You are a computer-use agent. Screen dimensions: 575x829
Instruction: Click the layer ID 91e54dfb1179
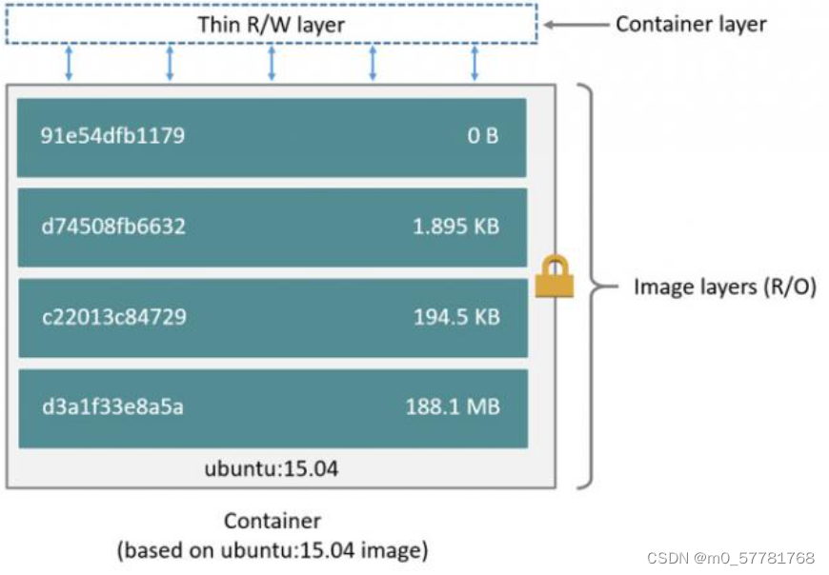click(112, 136)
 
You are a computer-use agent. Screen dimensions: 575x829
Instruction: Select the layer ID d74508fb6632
click(112, 227)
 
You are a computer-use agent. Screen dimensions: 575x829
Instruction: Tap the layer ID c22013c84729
click(113, 317)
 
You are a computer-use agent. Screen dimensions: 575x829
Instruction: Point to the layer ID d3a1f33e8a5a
click(111, 407)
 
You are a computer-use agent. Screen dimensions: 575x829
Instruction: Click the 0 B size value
click(483, 136)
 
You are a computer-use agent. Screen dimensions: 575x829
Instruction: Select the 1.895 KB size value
click(455, 227)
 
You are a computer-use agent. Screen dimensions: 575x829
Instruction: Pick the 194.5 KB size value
click(456, 317)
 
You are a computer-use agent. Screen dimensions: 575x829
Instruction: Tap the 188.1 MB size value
click(453, 407)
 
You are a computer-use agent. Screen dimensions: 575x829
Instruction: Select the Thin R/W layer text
click(271, 24)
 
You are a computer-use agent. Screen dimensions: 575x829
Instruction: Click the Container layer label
click(691, 24)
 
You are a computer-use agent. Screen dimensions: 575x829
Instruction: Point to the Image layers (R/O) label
click(724, 286)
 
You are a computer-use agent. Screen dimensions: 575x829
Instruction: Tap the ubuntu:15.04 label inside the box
click(272, 468)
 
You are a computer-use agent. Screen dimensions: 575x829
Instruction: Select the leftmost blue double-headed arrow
click(69, 63)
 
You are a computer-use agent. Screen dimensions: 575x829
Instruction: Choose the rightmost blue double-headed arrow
click(474, 63)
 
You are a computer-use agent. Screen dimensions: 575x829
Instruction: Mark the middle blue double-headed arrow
click(272, 63)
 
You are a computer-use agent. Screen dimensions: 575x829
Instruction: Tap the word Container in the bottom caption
click(272, 521)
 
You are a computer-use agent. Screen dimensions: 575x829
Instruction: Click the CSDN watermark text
click(730, 558)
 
